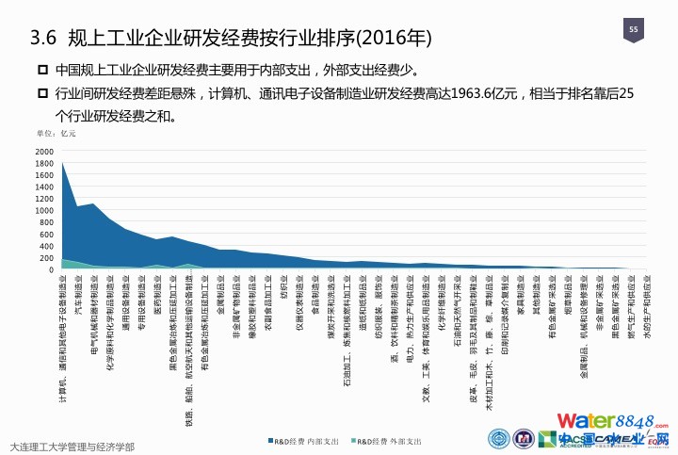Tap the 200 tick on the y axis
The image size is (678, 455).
pos(48,258)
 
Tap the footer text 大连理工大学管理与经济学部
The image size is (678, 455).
pos(72,446)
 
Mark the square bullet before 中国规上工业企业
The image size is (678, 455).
pos(42,71)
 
